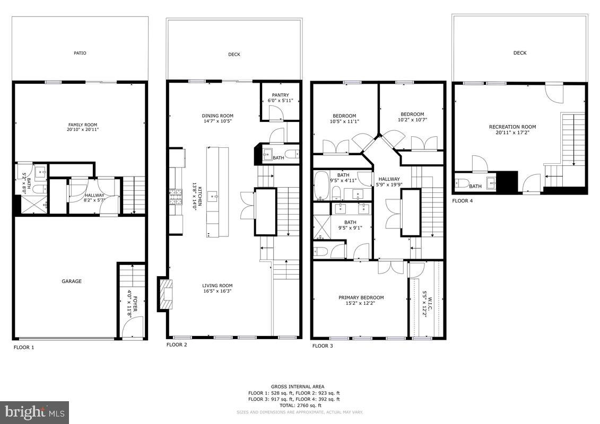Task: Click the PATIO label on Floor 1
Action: pyautogui.click(x=80, y=53)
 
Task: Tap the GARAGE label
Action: pyautogui.click(x=72, y=281)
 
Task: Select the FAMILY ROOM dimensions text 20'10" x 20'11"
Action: pyautogui.click(x=82, y=129)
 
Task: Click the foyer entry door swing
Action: pyautogui.click(x=133, y=326)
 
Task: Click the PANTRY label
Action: pyautogui.click(x=280, y=95)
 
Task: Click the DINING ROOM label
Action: pyautogui.click(x=218, y=116)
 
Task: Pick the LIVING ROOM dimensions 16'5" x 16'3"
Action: pyautogui.click(x=218, y=290)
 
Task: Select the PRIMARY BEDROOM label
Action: pyautogui.click(x=361, y=297)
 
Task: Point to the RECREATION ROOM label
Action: pyautogui.click(x=512, y=127)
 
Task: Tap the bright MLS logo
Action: pyautogui.click(x=34, y=412)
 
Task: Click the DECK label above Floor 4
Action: pyautogui.click(x=520, y=53)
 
